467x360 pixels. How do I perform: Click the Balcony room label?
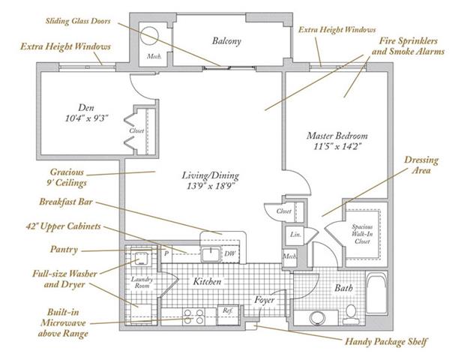click(x=226, y=41)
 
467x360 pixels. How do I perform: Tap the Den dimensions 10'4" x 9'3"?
click(x=86, y=118)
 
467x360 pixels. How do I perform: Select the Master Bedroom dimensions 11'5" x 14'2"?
click(x=337, y=146)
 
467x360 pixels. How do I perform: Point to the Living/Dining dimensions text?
click(x=211, y=186)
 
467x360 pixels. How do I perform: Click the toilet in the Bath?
click(x=351, y=313)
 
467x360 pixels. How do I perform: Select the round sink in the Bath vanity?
click(x=317, y=318)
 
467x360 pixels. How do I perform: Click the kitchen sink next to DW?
click(x=211, y=255)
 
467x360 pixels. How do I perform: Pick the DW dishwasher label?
click(x=230, y=254)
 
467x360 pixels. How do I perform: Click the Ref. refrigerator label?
click(x=228, y=310)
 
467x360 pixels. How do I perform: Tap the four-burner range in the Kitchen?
click(x=193, y=316)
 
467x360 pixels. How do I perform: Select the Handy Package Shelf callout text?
click(x=386, y=341)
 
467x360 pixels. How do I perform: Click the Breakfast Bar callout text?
click(x=66, y=202)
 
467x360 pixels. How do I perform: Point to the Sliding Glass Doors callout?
click(x=78, y=21)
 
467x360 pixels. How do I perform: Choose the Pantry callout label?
click(x=64, y=249)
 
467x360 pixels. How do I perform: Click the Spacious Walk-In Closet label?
click(x=362, y=234)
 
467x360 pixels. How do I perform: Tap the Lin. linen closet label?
click(x=295, y=235)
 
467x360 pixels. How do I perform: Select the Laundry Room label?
click(x=142, y=282)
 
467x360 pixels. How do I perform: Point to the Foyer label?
click(x=265, y=300)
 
